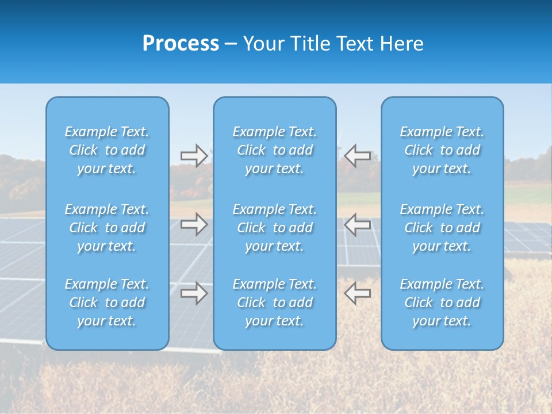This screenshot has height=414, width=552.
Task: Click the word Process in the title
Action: coord(181,44)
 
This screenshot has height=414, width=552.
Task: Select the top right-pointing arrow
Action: coord(194,156)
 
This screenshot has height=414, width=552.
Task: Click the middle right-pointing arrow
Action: coord(194,224)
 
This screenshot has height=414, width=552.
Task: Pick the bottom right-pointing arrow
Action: coord(194,293)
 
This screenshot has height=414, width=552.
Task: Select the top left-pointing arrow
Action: coord(357,156)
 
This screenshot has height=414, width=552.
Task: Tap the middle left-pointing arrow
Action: coord(357,224)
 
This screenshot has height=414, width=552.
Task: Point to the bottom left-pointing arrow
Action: coord(357,293)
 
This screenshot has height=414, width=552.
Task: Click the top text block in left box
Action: coord(107,150)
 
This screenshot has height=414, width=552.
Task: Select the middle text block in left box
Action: coord(107,228)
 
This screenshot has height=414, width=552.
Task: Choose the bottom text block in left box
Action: coord(107,302)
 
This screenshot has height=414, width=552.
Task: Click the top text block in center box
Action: coord(275,150)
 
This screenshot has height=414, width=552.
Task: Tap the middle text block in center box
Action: coord(275,228)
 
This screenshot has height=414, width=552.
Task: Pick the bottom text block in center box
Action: coord(275,302)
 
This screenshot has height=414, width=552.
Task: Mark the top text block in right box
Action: coord(442,150)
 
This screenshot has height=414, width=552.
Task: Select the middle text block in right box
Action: coord(442,228)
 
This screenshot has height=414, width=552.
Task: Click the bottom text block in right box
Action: coord(442,302)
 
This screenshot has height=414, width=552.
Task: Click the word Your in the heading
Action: coord(262,44)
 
